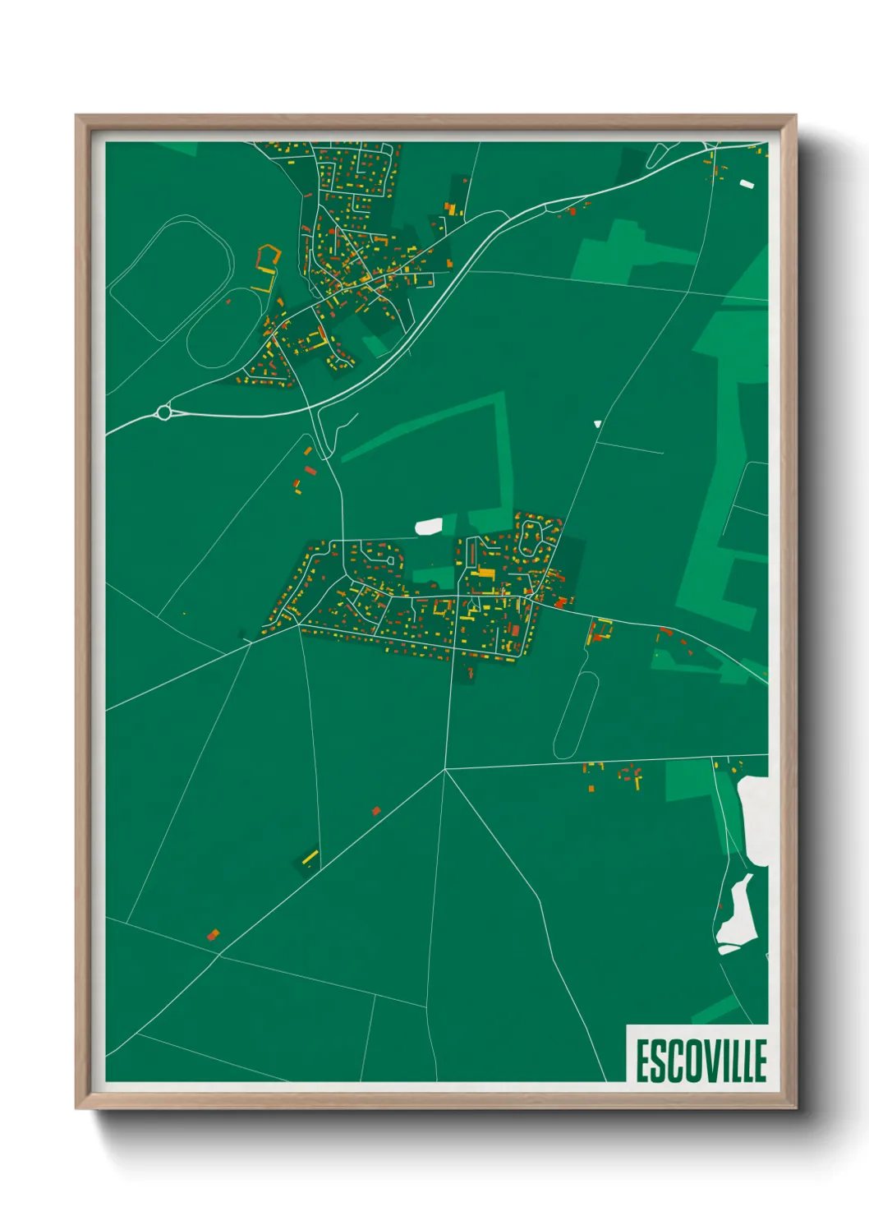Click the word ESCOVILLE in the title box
click(701, 1061)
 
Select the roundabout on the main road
click(164, 412)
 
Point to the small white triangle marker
click(597, 424)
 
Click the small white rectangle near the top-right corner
click(747, 184)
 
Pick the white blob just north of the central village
click(429, 527)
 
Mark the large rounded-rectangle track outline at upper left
click(171, 278)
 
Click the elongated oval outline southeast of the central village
click(576, 714)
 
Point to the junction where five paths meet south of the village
click(444, 770)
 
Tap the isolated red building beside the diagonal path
click(376, 811)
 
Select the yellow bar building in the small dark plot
click(310, 858)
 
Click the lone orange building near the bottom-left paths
click(213, 935)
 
